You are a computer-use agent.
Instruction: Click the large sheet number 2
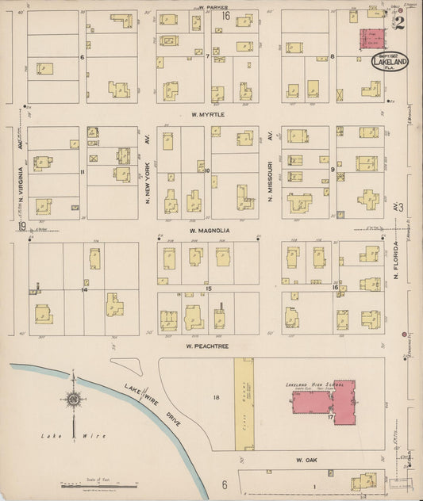point(399,22)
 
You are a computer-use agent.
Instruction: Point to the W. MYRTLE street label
point(208,115)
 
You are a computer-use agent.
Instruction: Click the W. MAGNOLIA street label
point(210,231)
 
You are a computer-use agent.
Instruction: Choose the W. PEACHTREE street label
point(207,346)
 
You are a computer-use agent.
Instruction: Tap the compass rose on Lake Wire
point(73,400)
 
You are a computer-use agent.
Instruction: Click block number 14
point(83,289)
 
